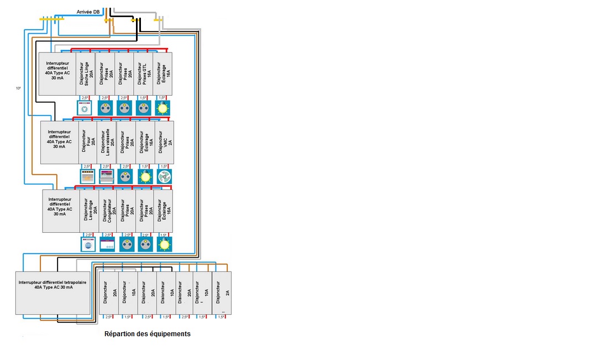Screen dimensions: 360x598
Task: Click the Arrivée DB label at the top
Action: (88, 12)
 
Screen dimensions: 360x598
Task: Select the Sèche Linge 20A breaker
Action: (86, 73)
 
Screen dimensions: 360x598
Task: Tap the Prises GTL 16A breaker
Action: (143, 73)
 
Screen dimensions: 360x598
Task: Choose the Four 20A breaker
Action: (88, 142)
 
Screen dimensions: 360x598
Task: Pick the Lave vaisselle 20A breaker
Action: (107, 142)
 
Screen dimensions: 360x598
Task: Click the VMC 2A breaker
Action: (164, 142)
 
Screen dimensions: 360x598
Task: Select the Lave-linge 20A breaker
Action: (90, 211)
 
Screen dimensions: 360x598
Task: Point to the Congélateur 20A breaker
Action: (108, 211)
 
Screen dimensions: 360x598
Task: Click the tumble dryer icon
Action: (85, 108)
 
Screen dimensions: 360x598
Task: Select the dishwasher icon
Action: (107, 176)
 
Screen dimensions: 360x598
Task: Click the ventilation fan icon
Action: (164, 176)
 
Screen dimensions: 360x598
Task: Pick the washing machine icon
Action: (88, 244)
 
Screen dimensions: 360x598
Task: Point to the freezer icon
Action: (107, 244)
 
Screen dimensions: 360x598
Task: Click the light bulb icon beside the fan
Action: (145, 176)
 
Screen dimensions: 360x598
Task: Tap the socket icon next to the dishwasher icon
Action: (125, 176)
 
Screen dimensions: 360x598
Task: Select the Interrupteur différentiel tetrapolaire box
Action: (53, 293)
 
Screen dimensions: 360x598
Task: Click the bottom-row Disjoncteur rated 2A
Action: (222, 293)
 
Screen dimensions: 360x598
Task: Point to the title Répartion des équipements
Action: (148, 334)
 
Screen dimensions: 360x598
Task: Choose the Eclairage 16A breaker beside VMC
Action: (145, 142)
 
